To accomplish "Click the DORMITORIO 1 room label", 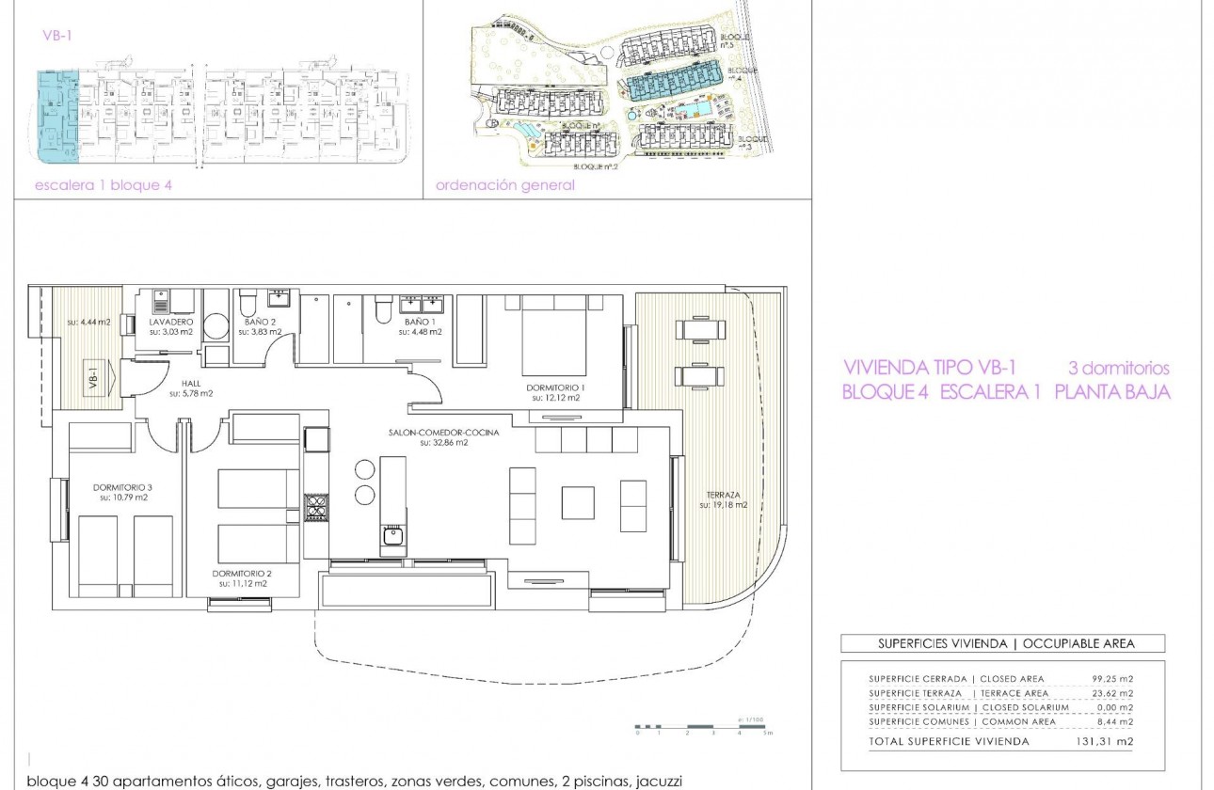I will pyautogui.click(x=556, y=387).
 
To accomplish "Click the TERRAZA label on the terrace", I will pyautogui.click(x=722, y=495).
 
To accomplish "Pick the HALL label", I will pyautogui.click(x=191, y=385).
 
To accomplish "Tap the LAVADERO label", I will pyautogui.click(x=170, y=322).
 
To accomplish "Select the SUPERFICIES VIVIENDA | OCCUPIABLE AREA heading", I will pyautogui.click(x=1005, y=644).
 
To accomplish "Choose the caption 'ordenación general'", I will pyautogui.click(x=504, y=185).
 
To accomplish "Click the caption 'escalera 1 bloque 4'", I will pyautogui.click(x=104, y=185).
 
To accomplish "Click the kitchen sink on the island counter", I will pyautogui.click(x=392, y=537).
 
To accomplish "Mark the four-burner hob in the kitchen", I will pyautogui.click(x=315, y=508).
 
